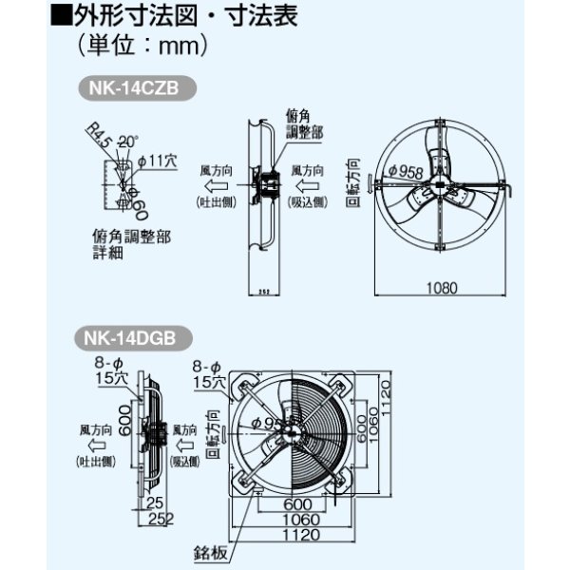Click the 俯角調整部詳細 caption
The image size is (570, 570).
[131, 245]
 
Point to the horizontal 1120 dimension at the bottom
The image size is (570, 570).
[296, 534]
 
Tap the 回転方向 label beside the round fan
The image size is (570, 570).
[354, 180]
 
